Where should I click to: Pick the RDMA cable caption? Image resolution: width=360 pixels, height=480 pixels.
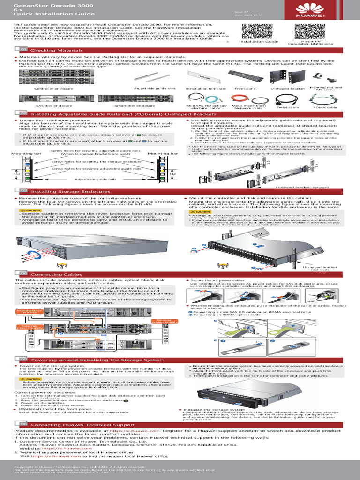point(325,108)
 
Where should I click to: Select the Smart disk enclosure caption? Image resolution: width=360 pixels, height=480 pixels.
point(128,106)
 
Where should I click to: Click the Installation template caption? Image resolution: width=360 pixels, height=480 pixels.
point(203,88)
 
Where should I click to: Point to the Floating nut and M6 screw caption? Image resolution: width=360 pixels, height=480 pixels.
point(320,89)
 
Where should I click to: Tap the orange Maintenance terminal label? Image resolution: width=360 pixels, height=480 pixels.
point(29,311)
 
